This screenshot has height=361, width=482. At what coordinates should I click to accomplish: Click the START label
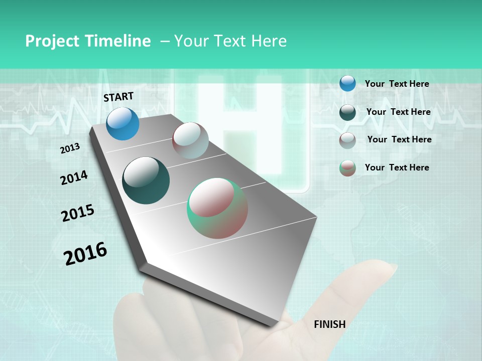coord(118,97)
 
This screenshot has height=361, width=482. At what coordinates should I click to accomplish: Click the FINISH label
coord(329,324)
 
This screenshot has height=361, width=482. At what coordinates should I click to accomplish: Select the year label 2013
coord(70,148)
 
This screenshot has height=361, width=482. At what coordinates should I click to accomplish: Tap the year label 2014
coord(74,177)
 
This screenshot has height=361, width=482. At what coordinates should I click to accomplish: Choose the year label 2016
coord(85,253)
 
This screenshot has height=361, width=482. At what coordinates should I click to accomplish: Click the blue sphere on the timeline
coord(123,123)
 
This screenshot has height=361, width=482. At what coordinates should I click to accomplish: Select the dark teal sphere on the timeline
coord(146,180)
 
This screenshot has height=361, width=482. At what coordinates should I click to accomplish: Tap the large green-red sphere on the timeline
coord(217,208)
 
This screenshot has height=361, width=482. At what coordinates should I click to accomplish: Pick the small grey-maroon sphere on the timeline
coord(190,140)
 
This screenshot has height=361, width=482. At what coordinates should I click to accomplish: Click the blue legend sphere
coord(347,83)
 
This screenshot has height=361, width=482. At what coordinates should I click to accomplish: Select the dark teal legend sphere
coord(347,112)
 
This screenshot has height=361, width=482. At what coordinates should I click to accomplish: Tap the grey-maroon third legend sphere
coord(347,140)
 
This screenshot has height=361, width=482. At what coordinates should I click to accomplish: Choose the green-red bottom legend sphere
coord(347,168)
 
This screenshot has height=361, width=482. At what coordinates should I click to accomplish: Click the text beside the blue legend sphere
coord(397,84)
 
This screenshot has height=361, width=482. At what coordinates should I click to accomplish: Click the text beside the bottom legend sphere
coord(397,167)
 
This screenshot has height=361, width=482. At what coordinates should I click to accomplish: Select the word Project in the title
coord(52,41)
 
